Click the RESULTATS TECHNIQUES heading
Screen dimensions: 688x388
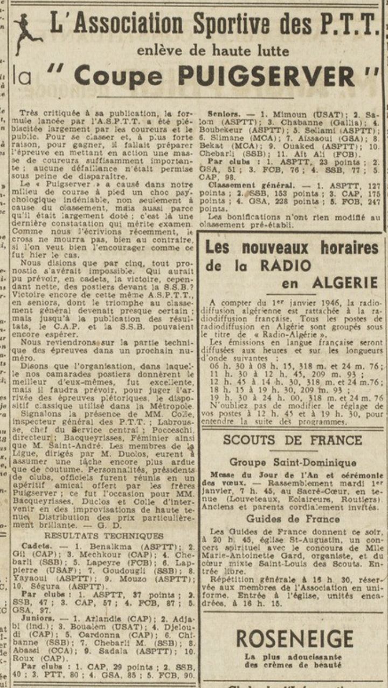(x=104, y=535)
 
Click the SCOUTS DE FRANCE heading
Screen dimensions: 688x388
(x=293, y=440)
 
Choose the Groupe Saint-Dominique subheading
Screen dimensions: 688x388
(x=293, y=462)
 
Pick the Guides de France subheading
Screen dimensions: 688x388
(x=293, y=519)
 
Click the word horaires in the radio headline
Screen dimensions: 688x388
(x=340, y=248)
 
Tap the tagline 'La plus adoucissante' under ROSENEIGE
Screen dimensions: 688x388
(x=293, y=657)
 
